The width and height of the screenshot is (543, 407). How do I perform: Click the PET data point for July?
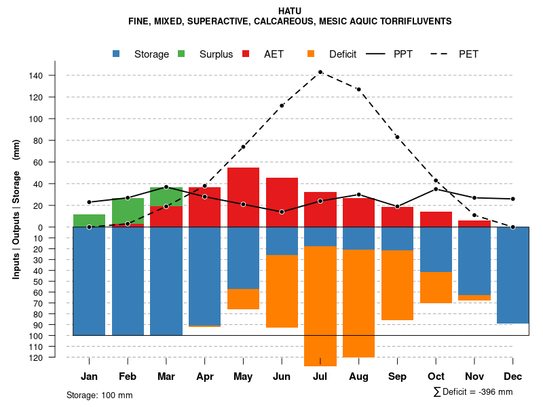[x=320, y=72]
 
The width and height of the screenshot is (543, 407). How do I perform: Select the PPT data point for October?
[x=436, y=189]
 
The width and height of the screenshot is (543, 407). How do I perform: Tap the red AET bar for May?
[x=243, y=197]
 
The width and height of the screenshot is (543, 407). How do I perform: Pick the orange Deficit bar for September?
[x=397, y=285]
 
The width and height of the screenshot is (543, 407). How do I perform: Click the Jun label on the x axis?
[x=282, y=376]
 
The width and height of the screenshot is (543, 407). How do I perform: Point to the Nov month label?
[x=474, y=376]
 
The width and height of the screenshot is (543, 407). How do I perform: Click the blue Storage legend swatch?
[x=117, y=54]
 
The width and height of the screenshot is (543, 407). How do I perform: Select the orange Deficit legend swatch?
[x=312, y=54]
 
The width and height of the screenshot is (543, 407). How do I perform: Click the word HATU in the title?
[x=290, y=11]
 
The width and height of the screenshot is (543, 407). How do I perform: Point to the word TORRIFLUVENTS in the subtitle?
[x=413, y=21]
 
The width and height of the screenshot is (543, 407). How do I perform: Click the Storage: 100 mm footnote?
[x=100, y=395]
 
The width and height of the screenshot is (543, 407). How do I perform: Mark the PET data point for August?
[x=358, y=90]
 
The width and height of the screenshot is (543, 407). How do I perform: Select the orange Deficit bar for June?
[x=282, y=292]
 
